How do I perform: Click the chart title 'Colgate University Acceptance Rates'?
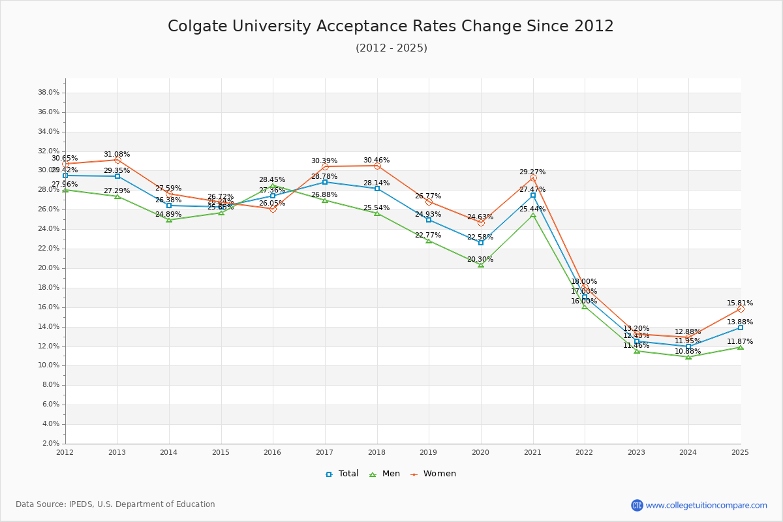click(390, 26)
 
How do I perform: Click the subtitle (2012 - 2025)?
click(391, 48)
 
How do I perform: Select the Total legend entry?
click(342, 474)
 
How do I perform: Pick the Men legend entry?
click(387, 474)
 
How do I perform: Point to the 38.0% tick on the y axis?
click(49, 93)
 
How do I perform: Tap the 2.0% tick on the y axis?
click(51, 444)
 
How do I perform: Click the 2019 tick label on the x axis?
click(428, 452)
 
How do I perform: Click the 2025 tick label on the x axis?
click(740, 452)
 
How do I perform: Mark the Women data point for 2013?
click(117, 160)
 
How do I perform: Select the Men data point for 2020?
click(481, 265)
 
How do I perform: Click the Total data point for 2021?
click(533, 195)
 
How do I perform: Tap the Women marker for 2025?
click(741, 309)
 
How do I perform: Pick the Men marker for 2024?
click(688, 357)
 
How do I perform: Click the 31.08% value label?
click(117, 155)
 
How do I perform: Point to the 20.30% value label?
click(480, 260)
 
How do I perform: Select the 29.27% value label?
click(532, 172)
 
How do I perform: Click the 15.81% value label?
click(740, 303)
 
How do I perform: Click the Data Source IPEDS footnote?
click(115, 504)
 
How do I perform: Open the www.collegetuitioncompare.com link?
click(706, 505)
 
